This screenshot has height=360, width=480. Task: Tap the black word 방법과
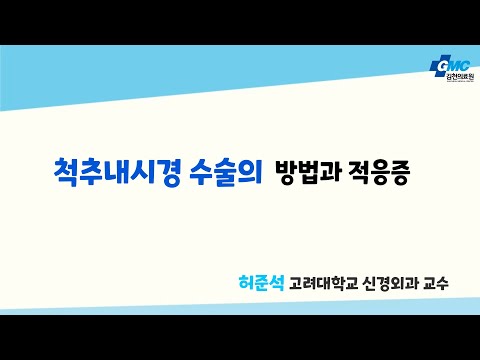click(x=309, y=173)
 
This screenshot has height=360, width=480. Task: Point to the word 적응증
click(x=378, y=173)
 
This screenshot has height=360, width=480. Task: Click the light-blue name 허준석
click(x=261, y=283)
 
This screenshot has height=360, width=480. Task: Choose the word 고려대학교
click(x=323, y=283)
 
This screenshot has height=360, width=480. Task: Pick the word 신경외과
click(x=390, y=283)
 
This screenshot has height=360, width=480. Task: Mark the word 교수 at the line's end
click(x=436, y=283)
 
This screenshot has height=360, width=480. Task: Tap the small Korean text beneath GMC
click(x=460, y=77)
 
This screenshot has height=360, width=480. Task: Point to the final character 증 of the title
click(x=398, y=173)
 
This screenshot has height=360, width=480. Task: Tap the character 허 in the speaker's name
click(x=246, y=283)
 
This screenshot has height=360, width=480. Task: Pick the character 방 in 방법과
click(x=286, y=173)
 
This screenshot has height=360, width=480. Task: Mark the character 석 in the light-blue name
click(x=277, y=283)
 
